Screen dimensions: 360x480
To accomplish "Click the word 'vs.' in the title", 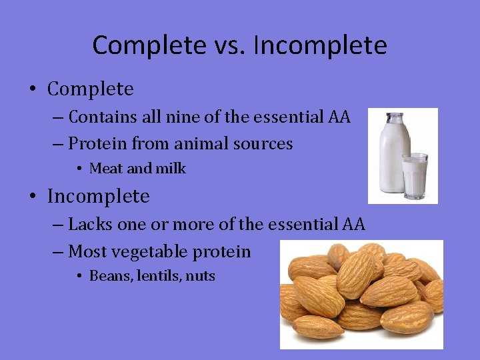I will coord(229,45).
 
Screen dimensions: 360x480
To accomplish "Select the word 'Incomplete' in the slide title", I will coord(320,45).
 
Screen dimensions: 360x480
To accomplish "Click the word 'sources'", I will coord(265,143).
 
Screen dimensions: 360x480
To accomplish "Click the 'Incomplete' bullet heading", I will coord(98,196).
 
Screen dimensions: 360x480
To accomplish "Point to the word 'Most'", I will coord(86,251).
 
